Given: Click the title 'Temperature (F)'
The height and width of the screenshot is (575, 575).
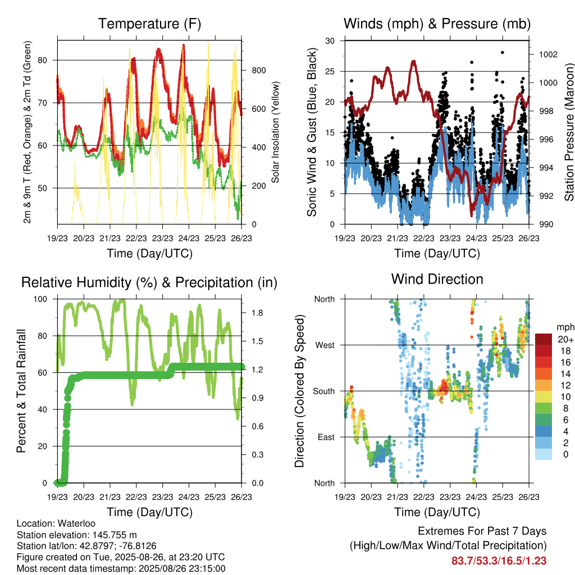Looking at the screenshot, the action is (149, 24).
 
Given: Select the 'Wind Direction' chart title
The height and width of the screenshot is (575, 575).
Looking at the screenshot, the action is (437, 279).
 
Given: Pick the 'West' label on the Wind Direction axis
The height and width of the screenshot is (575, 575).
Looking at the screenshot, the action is (325, 345).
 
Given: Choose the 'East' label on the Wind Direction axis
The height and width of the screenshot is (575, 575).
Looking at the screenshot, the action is (326, 437).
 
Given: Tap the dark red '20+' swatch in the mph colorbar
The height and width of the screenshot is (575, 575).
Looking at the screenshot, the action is (544, 339).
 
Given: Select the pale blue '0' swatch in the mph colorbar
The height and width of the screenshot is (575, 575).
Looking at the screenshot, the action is (544, 454).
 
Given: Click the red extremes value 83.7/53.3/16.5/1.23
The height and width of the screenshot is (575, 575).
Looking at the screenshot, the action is (499, 561).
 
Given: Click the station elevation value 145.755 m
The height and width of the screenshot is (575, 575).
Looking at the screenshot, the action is (115, 535).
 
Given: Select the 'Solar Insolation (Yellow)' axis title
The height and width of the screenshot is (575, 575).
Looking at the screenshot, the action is (275, 132).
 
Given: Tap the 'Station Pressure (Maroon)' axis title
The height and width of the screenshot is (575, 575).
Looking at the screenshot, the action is (569, 132).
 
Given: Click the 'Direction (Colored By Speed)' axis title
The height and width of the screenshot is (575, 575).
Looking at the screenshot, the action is (299, 391).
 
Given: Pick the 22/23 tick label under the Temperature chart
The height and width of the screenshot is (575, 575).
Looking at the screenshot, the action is (136, 238).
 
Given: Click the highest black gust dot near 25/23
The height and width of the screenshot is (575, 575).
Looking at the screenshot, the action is (503, 52).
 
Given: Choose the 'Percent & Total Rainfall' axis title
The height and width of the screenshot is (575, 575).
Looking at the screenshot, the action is (21, 391).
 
